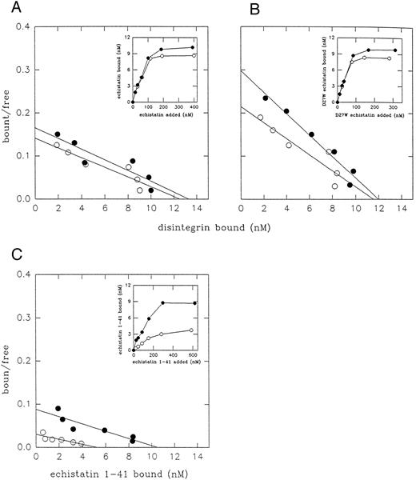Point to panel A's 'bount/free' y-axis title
pos(9,112)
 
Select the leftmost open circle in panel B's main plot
pos(260,118)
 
